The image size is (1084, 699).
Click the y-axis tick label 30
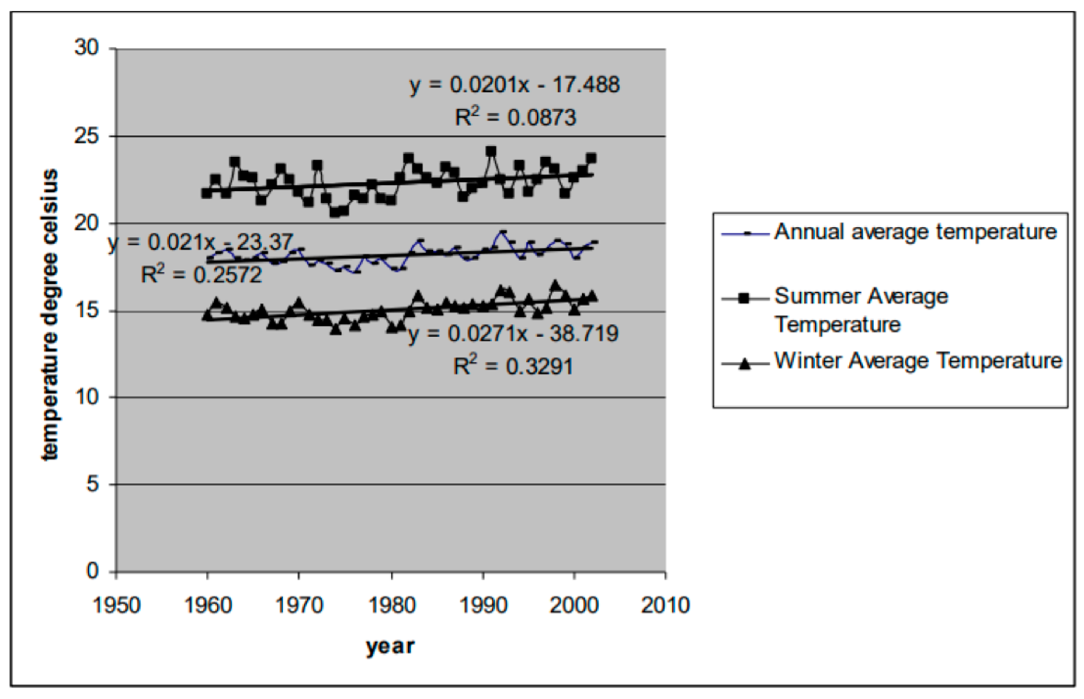point(86,48)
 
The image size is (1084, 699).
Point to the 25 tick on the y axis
point(86,136)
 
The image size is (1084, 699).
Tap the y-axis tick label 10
point(86,397)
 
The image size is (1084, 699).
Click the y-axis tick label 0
point(92,571)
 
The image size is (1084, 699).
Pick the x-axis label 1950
point(117,605)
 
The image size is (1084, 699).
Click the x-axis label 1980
point(392,605)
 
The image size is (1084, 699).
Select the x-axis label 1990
point(483,605)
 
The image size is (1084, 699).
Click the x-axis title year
point(391,646)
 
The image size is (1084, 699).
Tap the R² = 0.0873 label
point(515,118)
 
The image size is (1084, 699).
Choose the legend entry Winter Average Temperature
point(918,361)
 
